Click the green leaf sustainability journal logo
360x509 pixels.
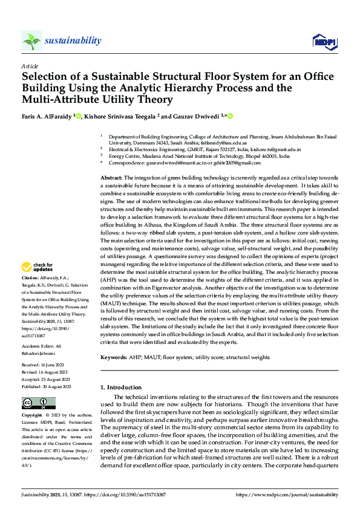[x=31, y=41]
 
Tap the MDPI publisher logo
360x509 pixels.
[x=324, y=41]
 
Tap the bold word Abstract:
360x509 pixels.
[x=111, y=177]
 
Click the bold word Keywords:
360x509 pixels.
[x=113, y=357]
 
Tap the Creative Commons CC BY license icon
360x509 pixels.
[x=38, y=403]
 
